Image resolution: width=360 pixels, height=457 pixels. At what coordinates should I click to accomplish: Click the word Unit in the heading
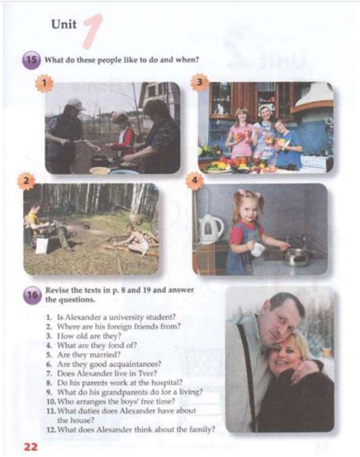click(64, 24)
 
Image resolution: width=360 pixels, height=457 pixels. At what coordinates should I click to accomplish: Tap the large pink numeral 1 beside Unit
click(93, 31)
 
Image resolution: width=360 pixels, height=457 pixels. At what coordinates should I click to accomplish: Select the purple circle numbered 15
click(31, 60)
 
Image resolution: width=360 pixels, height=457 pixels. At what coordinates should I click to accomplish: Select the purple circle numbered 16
click(32, 295)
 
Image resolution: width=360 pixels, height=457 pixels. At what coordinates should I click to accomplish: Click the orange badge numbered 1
click(44, 84)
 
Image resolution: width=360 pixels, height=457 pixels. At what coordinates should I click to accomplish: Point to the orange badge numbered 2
click(26, 181)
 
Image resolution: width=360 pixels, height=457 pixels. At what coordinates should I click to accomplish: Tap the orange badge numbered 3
click(199, 83)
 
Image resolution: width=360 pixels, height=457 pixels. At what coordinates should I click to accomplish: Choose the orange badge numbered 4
click(195, 181)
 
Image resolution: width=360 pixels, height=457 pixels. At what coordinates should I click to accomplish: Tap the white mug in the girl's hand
click(258, 250)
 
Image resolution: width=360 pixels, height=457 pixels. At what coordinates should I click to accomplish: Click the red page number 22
click(31, 447)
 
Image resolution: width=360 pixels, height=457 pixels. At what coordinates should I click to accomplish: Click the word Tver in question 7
click(149, 373)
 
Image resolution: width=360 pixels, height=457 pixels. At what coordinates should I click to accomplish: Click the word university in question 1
click(123, 317)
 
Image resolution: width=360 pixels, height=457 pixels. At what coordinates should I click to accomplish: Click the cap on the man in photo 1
click(76, 104)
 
